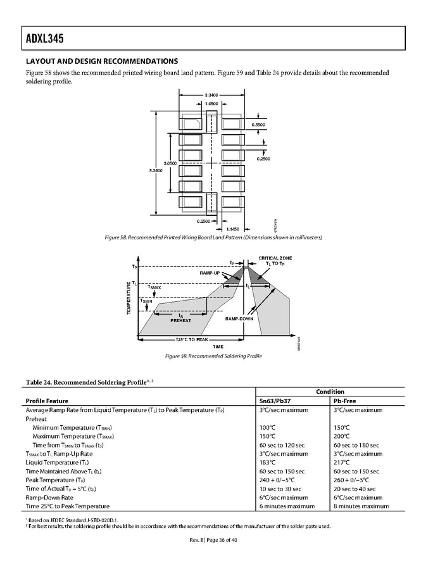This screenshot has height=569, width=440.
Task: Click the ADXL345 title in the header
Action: (36, 39)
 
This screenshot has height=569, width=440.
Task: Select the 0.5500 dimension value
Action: (258, 125)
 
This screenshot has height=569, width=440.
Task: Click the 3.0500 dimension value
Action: (170, 163)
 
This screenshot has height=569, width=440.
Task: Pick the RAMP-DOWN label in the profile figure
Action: (239, 318)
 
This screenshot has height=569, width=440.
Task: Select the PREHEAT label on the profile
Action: (180, 320)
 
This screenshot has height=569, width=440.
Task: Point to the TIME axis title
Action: (218, 347)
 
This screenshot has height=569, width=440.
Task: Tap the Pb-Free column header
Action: (346, 401)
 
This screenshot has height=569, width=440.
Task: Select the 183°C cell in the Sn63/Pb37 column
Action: (268, 462)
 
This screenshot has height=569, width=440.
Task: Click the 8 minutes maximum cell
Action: (361, 506)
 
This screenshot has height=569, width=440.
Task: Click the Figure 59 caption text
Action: (213, 356)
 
